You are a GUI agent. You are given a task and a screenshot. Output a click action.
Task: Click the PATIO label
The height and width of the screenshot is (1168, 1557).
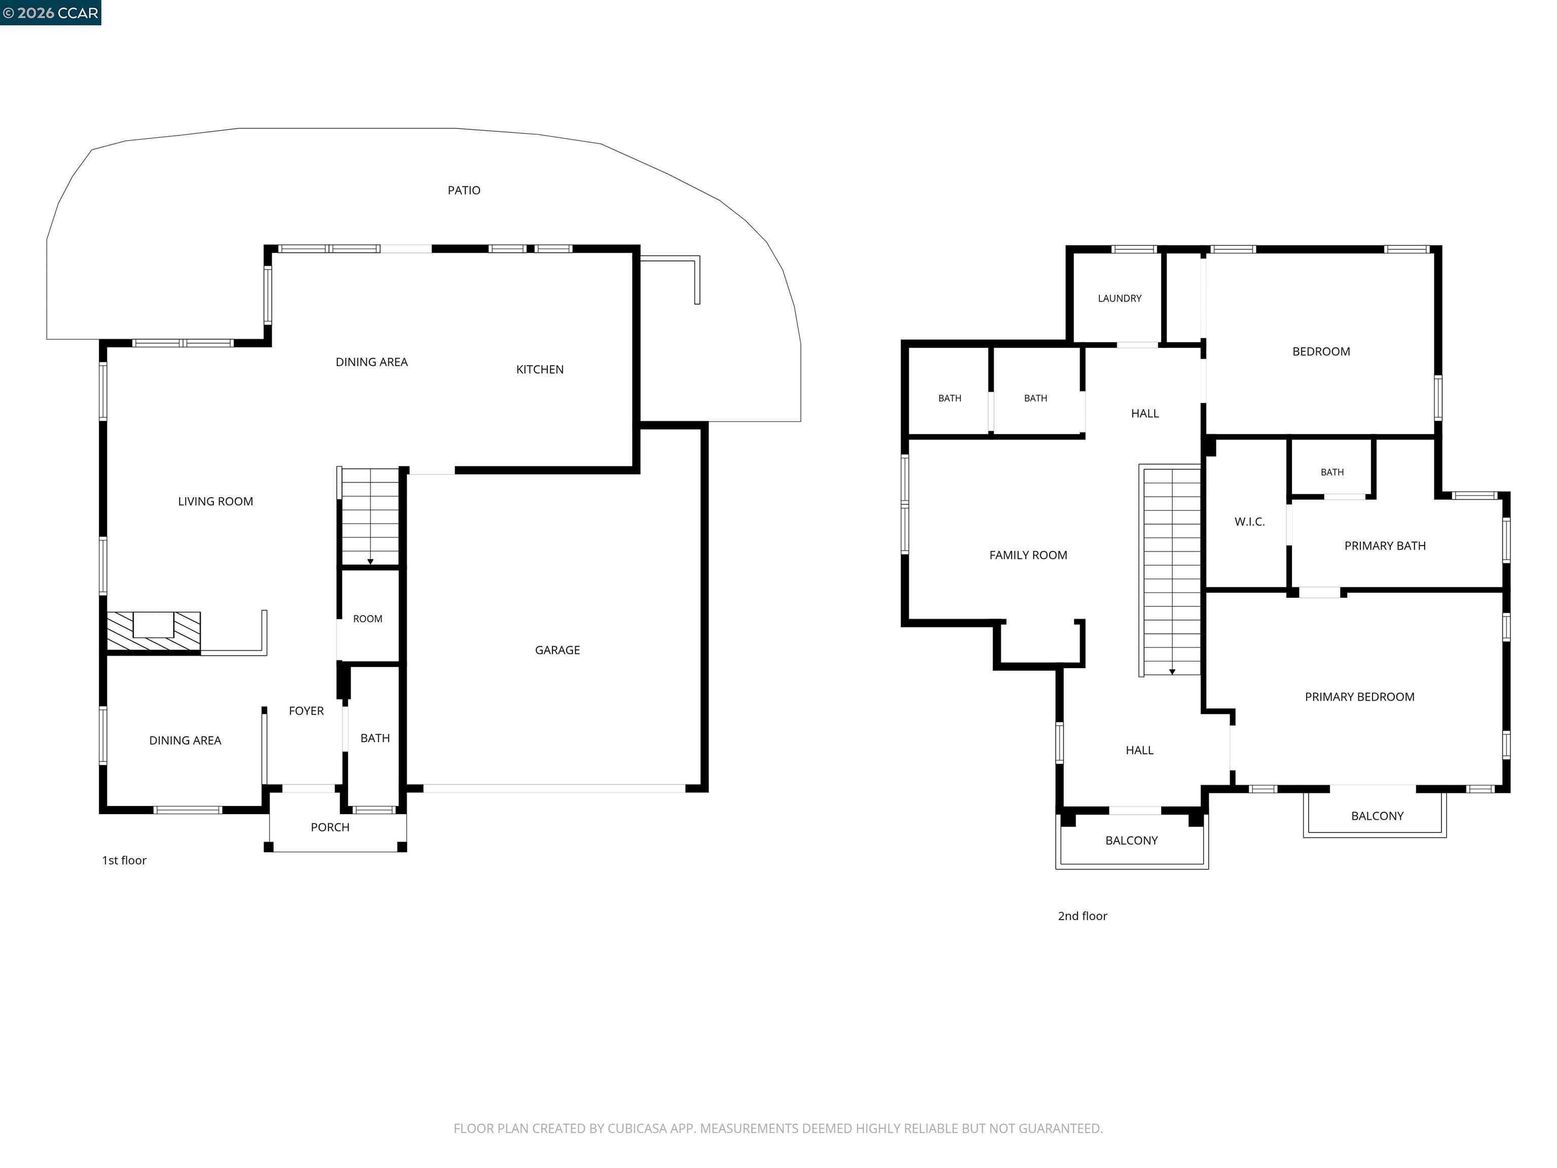464,190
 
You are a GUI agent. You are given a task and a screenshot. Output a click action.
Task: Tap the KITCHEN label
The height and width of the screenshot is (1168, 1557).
540,370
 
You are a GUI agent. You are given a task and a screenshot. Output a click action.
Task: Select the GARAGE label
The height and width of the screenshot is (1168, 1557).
558,650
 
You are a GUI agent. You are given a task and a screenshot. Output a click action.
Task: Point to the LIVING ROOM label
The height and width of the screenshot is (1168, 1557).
215,501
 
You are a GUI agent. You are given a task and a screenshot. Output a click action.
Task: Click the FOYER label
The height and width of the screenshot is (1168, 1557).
306,711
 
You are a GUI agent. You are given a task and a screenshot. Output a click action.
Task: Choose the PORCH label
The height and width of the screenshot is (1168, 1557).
330,827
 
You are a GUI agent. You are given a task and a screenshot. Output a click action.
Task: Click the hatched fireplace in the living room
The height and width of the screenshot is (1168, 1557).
154,632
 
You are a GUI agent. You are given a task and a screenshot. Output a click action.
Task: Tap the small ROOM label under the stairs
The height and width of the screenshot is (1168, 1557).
367,619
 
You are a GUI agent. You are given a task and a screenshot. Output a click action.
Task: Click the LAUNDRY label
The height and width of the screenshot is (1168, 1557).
1120,299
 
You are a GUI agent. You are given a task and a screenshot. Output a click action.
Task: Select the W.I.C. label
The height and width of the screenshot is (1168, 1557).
1249,522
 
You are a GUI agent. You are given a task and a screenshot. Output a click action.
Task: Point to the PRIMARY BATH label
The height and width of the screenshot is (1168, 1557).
1385,545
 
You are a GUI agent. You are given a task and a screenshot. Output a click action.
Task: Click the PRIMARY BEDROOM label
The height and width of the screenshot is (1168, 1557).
1360,697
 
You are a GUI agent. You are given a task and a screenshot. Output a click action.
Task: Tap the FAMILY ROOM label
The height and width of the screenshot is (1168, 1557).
1028,556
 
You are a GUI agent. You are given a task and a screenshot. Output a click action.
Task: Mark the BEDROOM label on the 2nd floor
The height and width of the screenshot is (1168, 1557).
1321,351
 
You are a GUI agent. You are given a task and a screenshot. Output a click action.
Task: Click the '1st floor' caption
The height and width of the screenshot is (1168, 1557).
125,860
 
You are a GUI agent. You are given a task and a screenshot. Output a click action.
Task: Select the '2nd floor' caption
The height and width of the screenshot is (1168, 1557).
1083,916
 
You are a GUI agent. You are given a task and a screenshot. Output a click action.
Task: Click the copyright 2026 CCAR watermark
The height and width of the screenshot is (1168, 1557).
51,13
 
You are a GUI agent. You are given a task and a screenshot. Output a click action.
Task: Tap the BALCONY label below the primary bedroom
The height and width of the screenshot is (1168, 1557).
1378,816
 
